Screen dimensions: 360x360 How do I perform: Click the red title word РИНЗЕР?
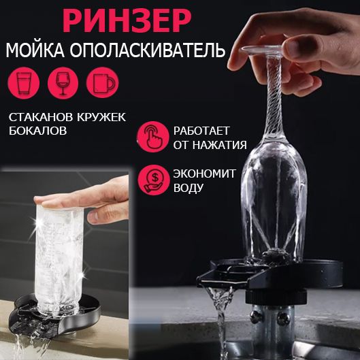127,21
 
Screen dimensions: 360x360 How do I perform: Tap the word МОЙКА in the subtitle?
35,50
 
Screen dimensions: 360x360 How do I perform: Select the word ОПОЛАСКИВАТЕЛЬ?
148,50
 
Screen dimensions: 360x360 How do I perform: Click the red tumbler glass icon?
23,83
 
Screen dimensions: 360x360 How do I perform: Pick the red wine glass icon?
63,83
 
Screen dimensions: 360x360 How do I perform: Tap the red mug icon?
102,83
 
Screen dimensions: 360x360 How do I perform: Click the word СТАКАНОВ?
41,117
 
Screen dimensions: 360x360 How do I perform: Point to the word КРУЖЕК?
101,117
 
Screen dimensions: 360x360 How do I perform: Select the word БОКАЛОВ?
37,131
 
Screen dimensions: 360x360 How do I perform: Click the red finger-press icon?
153,137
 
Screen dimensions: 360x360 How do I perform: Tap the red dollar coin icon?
154,180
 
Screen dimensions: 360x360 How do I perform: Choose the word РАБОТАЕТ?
201,131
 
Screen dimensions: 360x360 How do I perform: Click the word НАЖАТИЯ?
220,145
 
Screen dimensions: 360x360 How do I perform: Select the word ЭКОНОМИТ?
204,174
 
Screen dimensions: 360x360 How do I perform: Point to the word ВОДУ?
189,188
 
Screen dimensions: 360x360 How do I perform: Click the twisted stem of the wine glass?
274,97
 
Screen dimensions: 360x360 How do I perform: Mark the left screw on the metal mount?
255,318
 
